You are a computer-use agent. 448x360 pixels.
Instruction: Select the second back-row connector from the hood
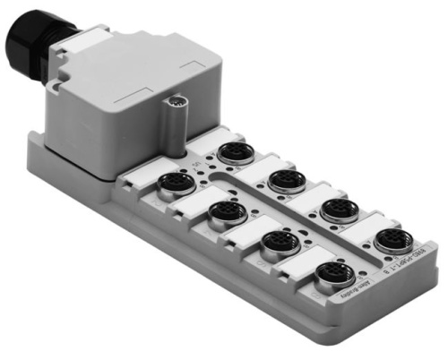[286, 178]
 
